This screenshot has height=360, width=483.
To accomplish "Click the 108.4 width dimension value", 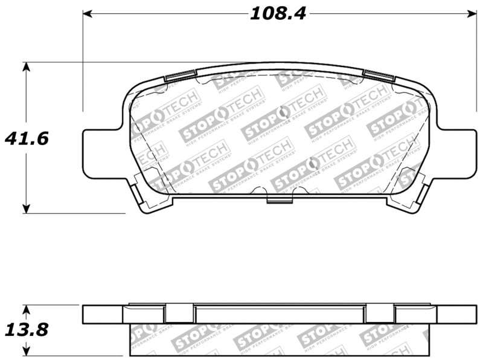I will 278,13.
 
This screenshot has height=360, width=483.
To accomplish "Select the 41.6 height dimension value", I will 27,138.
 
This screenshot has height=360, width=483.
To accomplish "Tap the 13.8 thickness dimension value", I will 27,330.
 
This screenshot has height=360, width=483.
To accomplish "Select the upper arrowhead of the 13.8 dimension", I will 26,309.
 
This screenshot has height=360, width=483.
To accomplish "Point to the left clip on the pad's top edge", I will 181,76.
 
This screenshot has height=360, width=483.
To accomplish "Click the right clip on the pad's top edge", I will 379,76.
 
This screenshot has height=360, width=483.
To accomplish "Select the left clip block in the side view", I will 179,313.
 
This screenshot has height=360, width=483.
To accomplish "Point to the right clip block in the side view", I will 380,313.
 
